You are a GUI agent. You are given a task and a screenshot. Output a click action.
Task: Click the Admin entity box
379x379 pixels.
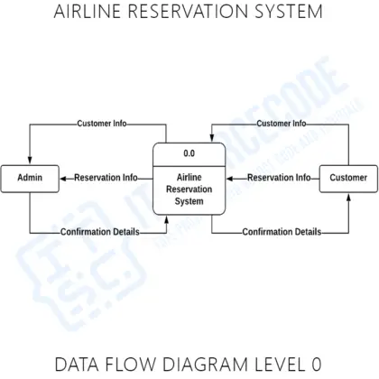point(30,178)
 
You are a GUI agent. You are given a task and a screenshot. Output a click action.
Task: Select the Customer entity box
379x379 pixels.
point(347,178)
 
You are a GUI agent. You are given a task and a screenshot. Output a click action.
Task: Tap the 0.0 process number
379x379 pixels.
point(189,154)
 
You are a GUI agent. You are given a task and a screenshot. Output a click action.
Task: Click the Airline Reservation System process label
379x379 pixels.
point(189,189)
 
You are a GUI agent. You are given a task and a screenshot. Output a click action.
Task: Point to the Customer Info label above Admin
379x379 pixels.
point(102,124)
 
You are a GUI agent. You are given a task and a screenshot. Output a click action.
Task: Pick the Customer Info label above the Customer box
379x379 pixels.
point(281,124)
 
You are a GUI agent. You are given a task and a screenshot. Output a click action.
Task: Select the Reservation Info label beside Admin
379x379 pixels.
point(106,178)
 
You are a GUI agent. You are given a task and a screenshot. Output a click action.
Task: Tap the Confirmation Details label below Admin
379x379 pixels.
point(99,232)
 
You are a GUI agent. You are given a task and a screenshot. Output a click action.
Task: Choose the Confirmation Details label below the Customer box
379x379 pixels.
point(282,232)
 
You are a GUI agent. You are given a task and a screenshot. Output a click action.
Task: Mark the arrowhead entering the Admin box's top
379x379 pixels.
point(30,162)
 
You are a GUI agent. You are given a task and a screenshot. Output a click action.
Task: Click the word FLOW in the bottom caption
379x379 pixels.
point(137,365)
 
